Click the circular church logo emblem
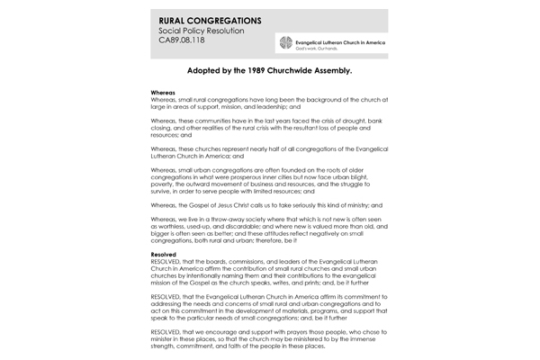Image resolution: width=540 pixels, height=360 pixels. tap(287, 44)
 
